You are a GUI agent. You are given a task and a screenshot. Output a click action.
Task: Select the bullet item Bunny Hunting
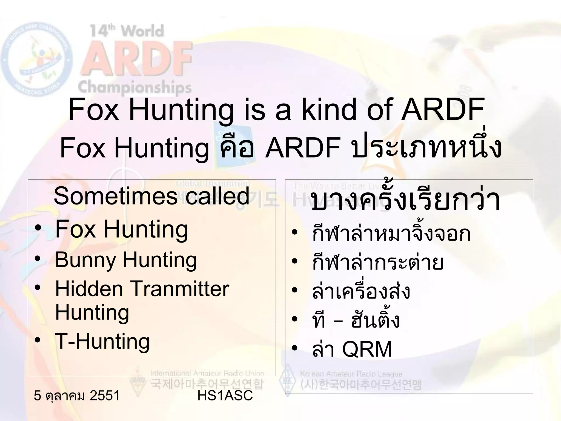click(126, 260)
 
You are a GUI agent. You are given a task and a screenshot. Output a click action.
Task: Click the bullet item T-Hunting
click(102, 342)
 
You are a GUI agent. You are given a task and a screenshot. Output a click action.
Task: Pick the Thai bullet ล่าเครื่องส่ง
click(361, 291)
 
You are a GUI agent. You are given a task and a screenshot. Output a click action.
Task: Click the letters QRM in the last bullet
click(367, 350)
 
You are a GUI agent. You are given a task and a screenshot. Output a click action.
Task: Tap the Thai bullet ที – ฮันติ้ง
click(356, 320)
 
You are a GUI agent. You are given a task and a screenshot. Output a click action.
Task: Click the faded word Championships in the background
click(134, 87)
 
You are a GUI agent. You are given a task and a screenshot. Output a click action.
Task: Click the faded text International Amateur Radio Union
click(207, 373)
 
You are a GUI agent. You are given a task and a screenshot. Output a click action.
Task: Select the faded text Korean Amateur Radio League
click(351, 374)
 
